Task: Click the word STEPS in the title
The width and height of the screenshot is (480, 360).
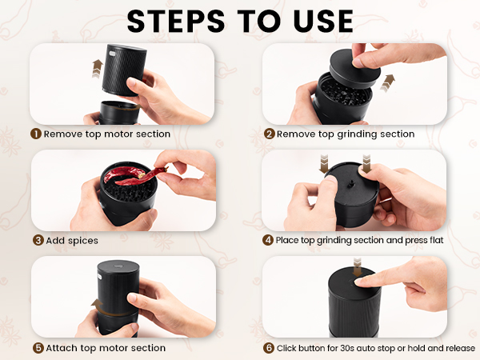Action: coord(176,22)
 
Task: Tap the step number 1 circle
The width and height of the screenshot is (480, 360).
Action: coord(36,134)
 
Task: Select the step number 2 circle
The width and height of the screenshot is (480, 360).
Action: coord(269,134)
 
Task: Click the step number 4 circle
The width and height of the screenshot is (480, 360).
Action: coord(269,240)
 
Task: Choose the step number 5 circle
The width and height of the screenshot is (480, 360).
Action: coord(37,348)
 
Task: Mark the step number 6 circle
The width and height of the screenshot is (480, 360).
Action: coord(269,348)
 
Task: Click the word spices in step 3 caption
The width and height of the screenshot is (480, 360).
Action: coord(83,240)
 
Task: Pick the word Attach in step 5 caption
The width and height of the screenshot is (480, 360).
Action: coord(62,348)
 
